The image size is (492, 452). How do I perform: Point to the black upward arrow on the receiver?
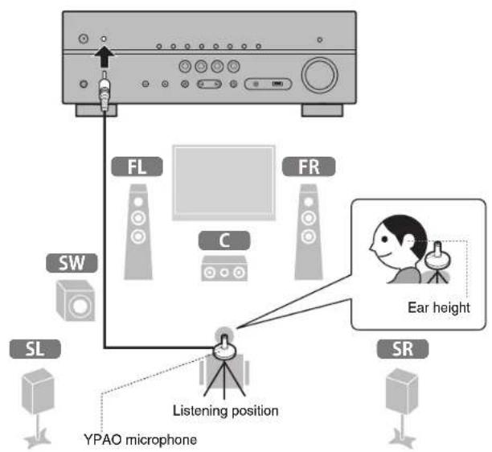coord(105,59)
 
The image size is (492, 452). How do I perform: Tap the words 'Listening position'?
coord(226,410)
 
